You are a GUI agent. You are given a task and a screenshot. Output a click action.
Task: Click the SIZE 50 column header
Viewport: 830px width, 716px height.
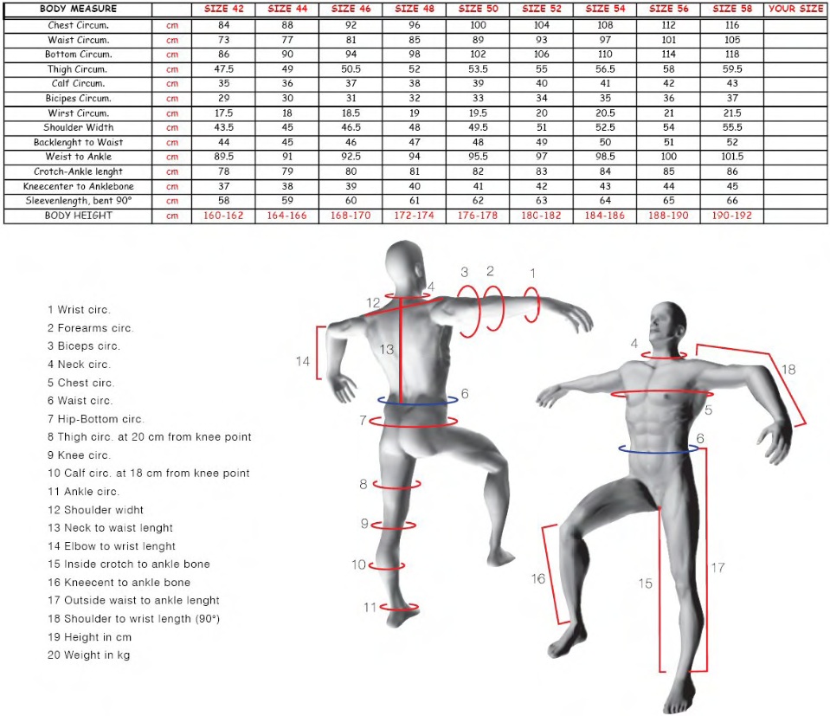478,9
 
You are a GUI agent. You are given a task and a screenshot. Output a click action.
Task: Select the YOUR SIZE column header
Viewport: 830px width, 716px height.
795,9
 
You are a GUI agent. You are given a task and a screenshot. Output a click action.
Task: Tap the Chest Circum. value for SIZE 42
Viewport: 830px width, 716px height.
224,25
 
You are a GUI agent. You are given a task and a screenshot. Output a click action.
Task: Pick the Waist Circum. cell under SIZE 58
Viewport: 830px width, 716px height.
732,40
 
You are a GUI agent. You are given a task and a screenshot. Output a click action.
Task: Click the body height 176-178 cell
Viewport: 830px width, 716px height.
478,216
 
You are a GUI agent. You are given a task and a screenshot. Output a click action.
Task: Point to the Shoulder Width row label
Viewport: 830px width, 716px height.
79,127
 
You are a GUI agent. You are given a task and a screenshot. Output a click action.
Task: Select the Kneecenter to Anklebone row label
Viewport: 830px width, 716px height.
79,186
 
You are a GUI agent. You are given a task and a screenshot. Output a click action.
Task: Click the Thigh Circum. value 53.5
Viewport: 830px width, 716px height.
478,69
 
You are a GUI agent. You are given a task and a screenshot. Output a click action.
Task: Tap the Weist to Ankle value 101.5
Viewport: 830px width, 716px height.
732,156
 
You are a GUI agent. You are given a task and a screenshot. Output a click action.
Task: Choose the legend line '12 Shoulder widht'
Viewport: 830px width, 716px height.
95,510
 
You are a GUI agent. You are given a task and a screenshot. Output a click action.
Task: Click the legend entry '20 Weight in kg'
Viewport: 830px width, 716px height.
88,655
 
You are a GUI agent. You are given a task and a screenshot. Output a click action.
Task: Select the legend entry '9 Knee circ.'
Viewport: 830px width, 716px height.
79,455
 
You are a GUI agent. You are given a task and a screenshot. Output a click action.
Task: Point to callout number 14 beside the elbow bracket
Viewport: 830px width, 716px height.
302,361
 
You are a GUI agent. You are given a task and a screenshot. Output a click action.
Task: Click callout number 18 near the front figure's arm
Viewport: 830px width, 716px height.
788,370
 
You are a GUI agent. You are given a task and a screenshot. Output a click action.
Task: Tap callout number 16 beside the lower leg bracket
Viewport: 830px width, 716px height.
537,579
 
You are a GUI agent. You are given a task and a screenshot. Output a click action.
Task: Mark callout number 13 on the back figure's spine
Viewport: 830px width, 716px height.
386,350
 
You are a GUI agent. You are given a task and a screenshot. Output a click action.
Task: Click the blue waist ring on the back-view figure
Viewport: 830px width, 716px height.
418,404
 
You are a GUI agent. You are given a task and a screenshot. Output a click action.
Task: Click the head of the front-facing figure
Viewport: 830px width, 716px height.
668,323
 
